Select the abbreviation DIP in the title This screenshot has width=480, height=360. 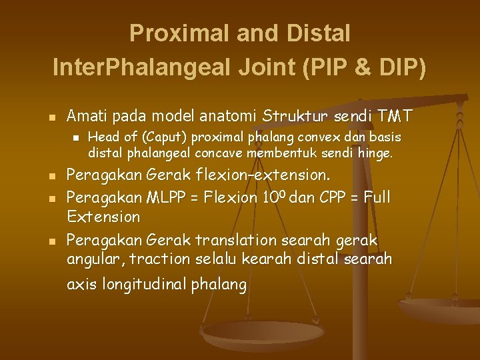pos(399,68)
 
